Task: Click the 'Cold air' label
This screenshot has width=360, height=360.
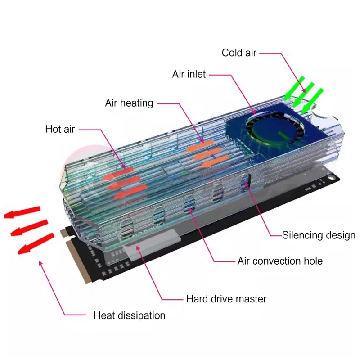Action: (239, 53)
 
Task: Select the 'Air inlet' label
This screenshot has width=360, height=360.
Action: (189, 74)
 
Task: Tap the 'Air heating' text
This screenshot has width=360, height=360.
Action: (129, 103)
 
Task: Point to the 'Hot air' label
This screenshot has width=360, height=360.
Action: (60, 130)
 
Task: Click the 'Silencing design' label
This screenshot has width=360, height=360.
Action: (319, 235)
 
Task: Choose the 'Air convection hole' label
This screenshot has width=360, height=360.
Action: (280, 261)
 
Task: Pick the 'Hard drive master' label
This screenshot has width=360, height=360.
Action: (226, 299)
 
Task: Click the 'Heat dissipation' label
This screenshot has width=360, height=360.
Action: (129, 315)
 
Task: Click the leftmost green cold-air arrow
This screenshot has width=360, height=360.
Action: (293, 90)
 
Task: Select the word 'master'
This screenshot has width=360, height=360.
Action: (252, 299)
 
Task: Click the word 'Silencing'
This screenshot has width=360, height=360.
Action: (302, 235)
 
